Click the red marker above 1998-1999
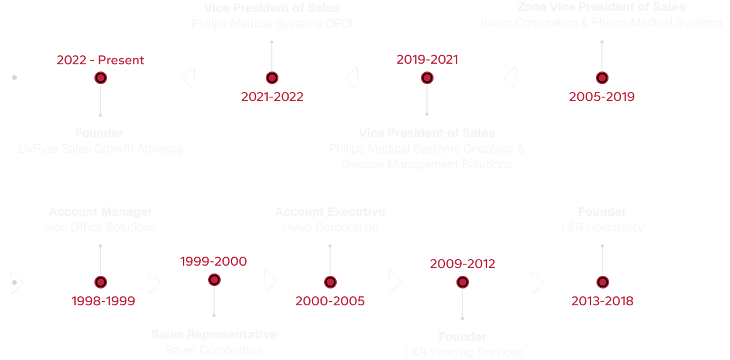tap(100, 282)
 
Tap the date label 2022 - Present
tap(100, 60)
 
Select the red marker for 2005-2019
tap(602, 78)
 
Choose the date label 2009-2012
tap(462, 263)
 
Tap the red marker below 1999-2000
tap(214, 279)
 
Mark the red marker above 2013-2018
tap(603, 282)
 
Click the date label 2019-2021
tap(427, 59)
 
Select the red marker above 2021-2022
tap(272, 78)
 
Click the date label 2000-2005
tap(330, 301)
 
